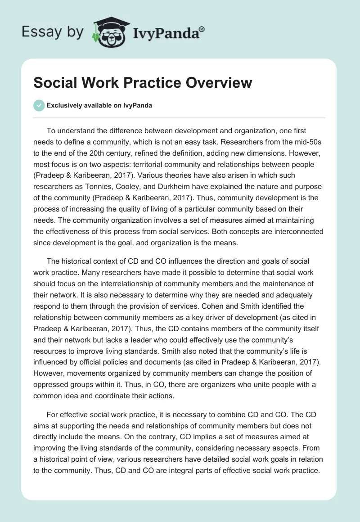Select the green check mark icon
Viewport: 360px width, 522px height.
click(x=39, y=105)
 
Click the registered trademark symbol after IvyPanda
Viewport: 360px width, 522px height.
click(x=202, y=29)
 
